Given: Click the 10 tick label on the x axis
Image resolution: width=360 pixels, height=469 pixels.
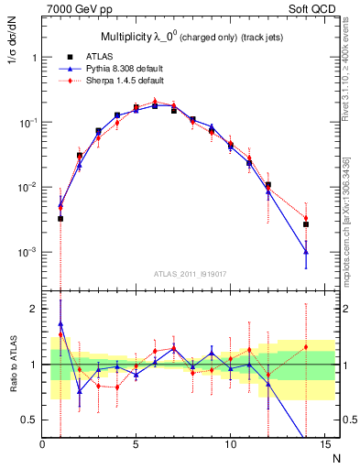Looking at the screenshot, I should (230, 444).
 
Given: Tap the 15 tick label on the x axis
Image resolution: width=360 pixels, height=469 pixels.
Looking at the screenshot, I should (323, 444).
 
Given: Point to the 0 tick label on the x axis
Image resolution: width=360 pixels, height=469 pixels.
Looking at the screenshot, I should (42, 444).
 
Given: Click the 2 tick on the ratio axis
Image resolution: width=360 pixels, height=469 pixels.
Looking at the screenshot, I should (33, 309).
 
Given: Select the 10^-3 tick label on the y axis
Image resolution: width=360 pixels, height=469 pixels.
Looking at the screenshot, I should (27, 252).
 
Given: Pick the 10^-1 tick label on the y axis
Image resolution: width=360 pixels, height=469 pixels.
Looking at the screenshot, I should (27, 122).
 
